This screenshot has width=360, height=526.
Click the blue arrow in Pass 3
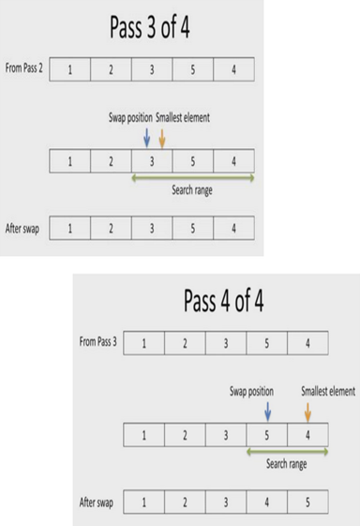(147, 137)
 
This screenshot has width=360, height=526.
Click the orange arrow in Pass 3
(162, 137)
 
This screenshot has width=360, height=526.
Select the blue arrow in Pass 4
(267, 410)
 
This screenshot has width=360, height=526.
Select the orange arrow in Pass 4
(307, 410)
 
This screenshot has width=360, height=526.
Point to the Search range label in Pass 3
(194, 189)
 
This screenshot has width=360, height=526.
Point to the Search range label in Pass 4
(286, 463)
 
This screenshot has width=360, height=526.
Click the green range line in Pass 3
(193, 177)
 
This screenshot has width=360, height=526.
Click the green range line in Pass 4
(286, 451)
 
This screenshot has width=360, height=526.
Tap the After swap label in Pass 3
(22, 228)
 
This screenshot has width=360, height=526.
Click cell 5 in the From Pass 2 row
(192, 69)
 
